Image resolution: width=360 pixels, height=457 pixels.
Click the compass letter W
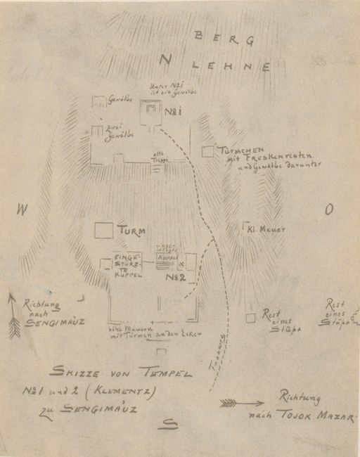point(23,209)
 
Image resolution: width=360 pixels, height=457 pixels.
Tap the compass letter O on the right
point(329,209)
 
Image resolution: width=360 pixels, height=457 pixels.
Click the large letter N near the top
point(165,61)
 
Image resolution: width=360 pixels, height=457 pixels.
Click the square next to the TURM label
point(104,231)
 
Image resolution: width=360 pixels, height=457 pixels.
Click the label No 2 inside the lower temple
point(174,278)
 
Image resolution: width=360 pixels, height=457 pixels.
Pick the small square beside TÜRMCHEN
point(207,151)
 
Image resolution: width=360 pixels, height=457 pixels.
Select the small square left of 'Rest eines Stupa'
point(250,318)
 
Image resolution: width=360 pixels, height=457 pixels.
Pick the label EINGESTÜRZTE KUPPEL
point(128,266)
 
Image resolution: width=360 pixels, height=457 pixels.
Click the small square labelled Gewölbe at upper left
point(98,101)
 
